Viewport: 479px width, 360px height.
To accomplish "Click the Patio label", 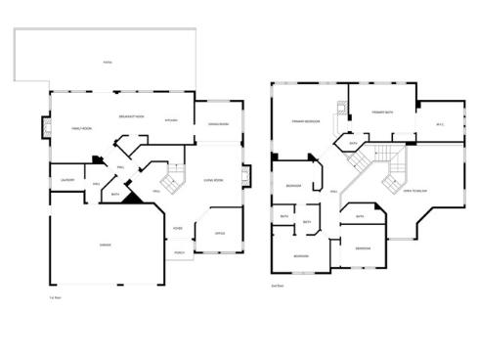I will (x=108, y=64).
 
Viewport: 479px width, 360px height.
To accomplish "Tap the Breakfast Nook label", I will (x=131, y=116).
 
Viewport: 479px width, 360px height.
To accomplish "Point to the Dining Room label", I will (x=217, y=123).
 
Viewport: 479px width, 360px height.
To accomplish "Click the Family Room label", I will (x=80, y=129).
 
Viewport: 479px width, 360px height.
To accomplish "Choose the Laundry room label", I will (x=67, y=180).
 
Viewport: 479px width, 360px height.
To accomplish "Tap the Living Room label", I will (x=213, y=180).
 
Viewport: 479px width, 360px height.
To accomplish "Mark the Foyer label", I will (x=178, y=229).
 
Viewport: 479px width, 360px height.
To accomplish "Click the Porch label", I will (x=179, y=251).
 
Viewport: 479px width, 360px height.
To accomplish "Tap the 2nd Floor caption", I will (x=277, y=287).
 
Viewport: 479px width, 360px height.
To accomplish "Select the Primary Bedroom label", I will (x=306, y=121).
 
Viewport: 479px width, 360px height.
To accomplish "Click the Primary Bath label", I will (x=382, y=113).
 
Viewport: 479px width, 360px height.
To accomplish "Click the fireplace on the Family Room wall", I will (x=42, y=125).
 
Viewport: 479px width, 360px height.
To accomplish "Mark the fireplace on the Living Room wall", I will (x=245, y=176).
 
